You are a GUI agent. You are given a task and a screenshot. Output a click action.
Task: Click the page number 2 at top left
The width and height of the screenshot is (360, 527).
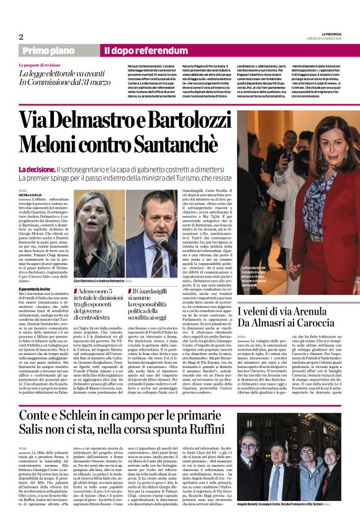pos(21,37)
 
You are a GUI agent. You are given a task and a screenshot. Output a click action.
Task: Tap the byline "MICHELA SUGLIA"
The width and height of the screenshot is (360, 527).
pos(31,194)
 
